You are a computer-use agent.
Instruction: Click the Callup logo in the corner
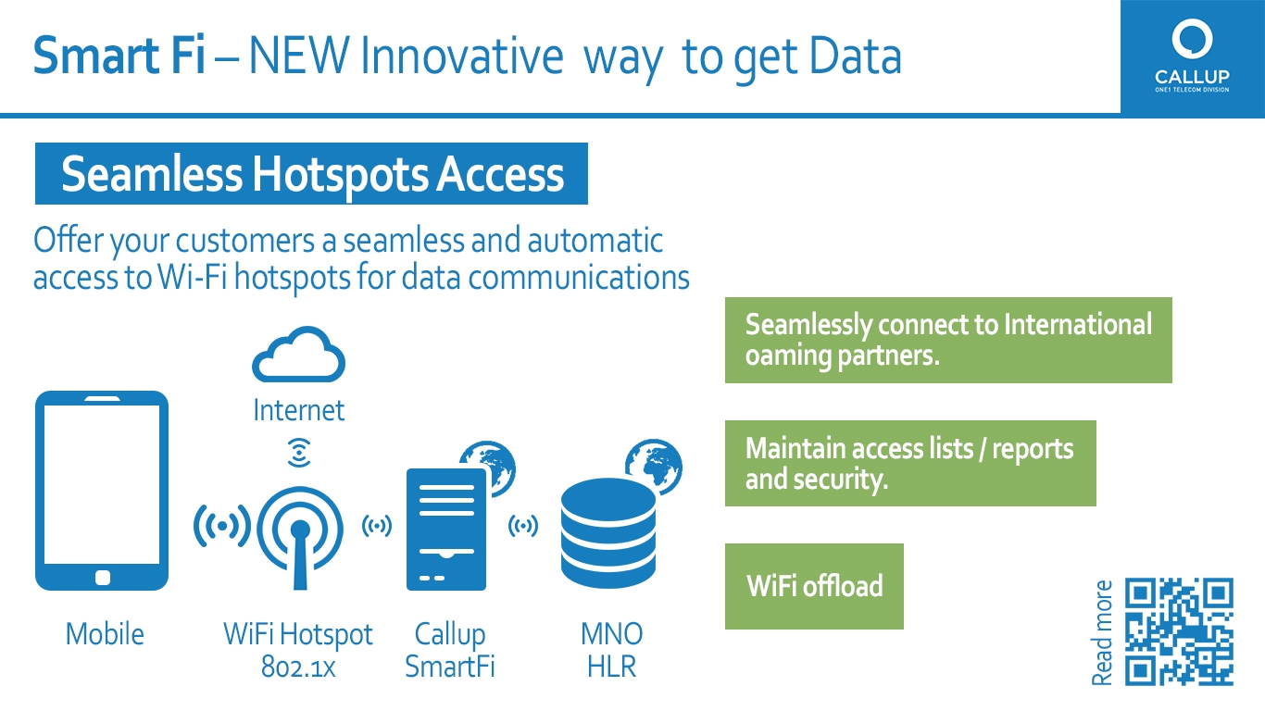pos(1192,56)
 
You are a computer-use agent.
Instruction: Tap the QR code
pos(1179,631)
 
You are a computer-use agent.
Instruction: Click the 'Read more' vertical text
pos(1102,632)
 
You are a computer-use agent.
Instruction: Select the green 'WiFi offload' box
pos(814,586)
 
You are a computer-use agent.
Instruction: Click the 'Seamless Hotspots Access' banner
pos(311,173)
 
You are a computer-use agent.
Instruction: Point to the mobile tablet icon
pos(102,490)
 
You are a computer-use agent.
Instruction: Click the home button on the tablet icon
pos(103,578)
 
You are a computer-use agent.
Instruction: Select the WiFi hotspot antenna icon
pos(300,538)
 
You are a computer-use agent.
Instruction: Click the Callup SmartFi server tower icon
pos(446,530)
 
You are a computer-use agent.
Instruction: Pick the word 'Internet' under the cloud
pos(299,410)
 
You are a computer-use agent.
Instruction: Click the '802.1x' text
pos(298,667)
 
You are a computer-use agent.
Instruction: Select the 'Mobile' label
pos(105,633)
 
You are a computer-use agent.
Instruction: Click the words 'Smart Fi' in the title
pos(119,56)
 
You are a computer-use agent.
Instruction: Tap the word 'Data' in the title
pos(856,56)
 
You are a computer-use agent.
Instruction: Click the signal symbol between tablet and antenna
pos(222,526)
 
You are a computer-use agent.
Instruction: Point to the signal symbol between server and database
pos(523,526)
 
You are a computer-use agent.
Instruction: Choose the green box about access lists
pos(910,463)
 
